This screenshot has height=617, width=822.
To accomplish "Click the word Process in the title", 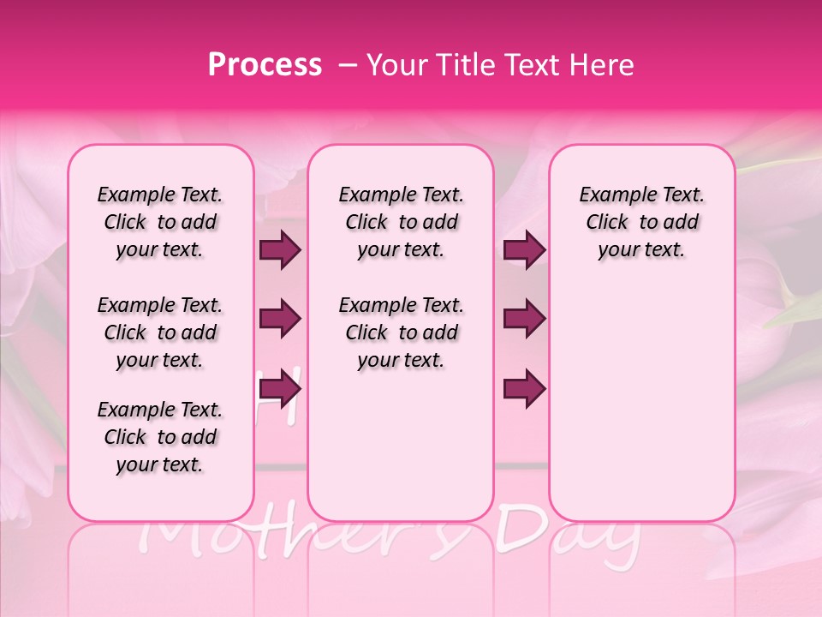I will click(265, 66).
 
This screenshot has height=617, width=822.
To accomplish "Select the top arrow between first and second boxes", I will click(280, 250).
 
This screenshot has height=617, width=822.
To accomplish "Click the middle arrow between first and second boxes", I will click(280, 320).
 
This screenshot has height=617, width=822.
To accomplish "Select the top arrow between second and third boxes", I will click(524, 250).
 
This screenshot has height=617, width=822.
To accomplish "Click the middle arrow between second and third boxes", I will click(524, 320).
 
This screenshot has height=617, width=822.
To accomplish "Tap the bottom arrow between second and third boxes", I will click(524, 388).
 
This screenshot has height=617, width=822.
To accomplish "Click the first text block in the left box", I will click(160, 222).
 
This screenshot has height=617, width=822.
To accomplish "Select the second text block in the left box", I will click(160, 332).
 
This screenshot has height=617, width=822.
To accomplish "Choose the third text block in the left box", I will click(160, 437).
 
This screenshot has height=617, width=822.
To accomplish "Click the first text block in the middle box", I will click(401, 222).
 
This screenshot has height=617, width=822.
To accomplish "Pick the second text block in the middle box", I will click(401, 332).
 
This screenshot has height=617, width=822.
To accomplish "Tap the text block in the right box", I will click(641, 222).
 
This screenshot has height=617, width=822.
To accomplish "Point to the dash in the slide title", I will click(348, 66).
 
